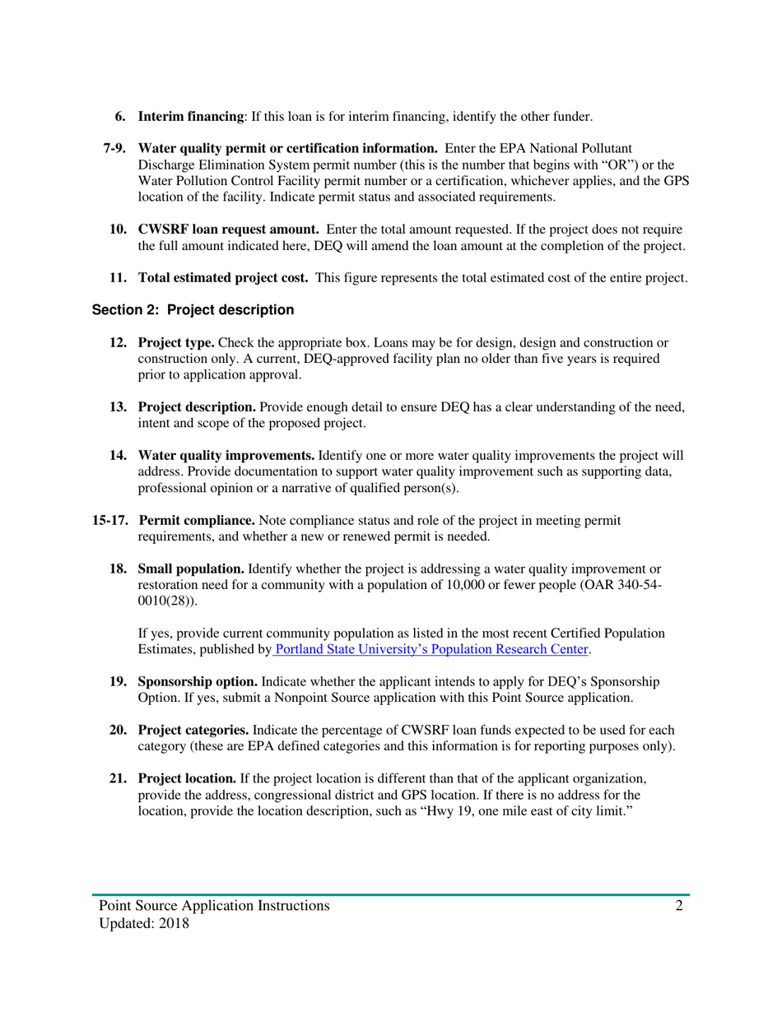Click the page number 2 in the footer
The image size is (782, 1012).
click(x=680, y=906)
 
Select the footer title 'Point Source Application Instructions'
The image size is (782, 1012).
click(x=214, y=906)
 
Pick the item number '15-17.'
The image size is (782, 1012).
click(x=110, y=521)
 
